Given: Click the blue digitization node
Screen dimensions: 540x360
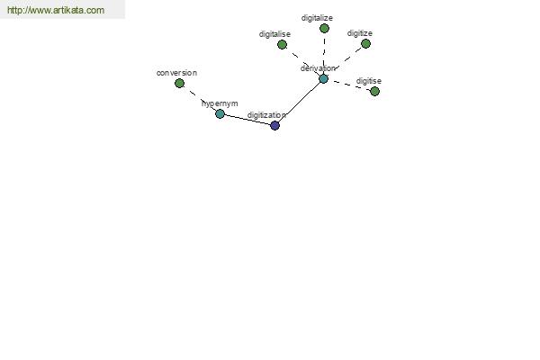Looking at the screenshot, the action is [274, 125].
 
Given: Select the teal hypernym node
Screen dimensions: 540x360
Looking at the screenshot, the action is [220, 113].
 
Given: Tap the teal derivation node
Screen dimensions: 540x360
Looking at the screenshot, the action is [323, 79].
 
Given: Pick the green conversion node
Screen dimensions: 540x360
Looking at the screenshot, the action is [179, 83].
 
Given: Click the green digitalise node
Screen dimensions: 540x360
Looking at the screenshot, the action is [282, 44].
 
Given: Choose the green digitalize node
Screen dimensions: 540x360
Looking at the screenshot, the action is [324, 28].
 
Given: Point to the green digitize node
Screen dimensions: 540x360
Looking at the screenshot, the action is [365, 44].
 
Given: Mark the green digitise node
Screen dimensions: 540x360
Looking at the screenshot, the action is [374, 91].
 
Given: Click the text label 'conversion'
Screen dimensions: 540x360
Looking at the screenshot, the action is [176, 73].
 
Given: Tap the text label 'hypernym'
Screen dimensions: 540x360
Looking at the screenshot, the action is [220, 103].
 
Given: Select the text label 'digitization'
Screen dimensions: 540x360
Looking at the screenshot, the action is [267, 115].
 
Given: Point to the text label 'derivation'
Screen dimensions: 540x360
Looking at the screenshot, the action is [318, 68].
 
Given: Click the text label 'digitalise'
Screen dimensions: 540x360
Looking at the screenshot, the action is [274, 34].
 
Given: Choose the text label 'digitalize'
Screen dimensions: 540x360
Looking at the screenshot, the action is [317, 18].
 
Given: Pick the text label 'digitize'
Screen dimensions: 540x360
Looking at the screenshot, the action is [360, 33].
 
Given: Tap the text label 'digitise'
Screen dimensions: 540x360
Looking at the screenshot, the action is [369, 81].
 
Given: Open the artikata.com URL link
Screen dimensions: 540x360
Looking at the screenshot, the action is [56, 10].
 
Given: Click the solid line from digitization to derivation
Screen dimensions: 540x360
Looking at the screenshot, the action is [299, 103].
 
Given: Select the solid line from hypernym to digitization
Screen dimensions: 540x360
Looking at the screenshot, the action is [247, 120].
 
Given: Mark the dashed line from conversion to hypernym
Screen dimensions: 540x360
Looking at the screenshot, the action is [200, 98].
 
